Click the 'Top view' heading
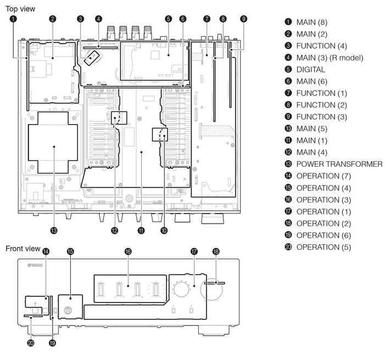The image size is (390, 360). pos(20,9)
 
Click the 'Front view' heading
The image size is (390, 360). pos(23,249)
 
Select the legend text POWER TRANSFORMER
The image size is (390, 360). pos(339,164)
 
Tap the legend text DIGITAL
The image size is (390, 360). pos(311,70)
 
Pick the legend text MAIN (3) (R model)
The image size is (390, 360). pos(330,58)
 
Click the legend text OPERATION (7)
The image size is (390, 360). pos(324,176)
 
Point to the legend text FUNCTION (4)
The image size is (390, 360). pos(321,46)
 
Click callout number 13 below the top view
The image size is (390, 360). pos(54,230)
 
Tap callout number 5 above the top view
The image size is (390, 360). pos(169,19)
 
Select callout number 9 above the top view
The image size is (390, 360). pos(243,19)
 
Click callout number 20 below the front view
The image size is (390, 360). pos(31,343)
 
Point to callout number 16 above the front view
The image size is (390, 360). pos(128,251)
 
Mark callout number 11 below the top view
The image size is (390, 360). pos(141,230)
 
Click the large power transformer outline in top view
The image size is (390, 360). pos(29,143)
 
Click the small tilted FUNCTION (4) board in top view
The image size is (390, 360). pos(92,58)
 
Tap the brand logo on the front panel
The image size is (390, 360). pos(35,266)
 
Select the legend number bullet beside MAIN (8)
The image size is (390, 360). pos(288,22)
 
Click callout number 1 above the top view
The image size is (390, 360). pos(13,19)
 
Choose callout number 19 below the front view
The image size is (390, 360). pos(52,343)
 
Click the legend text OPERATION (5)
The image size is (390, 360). pos(324,247)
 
